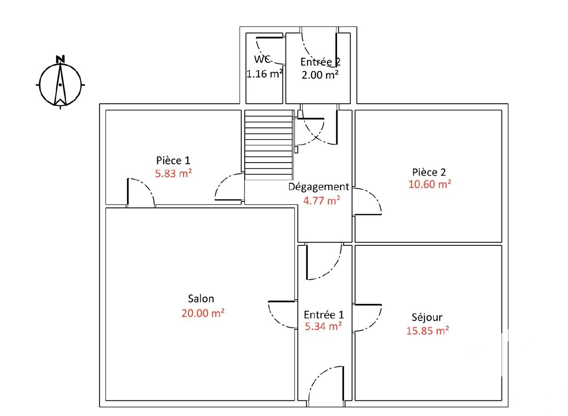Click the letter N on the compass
[x=60, y=59]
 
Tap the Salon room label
[x=201, y=298]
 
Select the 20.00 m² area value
[x=203, y=313]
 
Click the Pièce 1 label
[x=173, y=160]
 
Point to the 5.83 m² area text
[x=174, y=173]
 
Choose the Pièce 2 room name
[x=429, y=172]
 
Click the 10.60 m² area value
[x=430, y=185]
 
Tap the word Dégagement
[x=319, y=187]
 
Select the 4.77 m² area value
[x=322, y=201]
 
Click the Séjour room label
[x=427, y=317]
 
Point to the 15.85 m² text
[x=428, y=331]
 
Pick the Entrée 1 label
[x=324, y=315]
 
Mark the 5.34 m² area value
[x=323, y=326]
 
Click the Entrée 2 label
[x=320, y=62]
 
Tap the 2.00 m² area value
[x=320, y=75]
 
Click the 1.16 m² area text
[x=265, y=74]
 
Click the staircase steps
[x=269, y=145]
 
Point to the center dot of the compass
[x=60, y=84]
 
